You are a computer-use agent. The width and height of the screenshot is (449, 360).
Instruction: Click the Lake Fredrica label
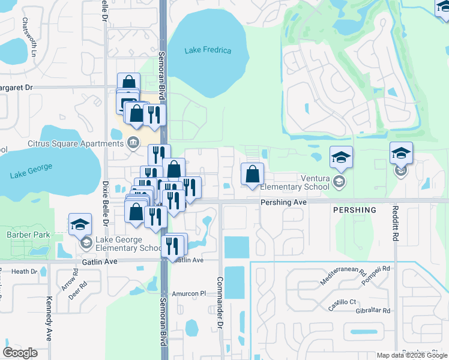click(208, 50)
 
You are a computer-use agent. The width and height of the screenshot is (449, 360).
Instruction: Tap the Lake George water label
click(31, 171)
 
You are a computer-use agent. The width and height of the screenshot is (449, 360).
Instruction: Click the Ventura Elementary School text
click(295, 182)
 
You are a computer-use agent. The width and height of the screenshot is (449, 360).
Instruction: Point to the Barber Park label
click(28, 235)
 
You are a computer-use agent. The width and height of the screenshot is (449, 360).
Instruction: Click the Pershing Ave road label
click(283, 203)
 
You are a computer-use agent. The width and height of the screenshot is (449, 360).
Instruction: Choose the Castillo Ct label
click(342, 303)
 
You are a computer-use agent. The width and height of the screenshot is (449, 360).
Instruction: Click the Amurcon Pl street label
click(189, 293)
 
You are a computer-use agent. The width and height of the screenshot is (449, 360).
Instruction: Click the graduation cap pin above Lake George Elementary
click(79, 224)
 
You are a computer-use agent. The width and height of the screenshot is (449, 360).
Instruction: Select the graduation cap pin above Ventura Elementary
click(341, 157)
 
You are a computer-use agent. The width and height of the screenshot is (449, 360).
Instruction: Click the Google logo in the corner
click(20, 352)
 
